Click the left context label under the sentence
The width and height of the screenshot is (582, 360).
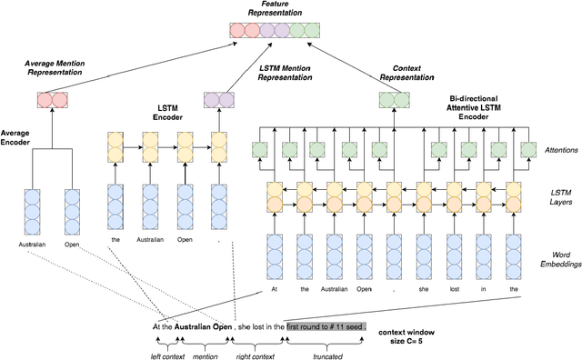coord(167,355)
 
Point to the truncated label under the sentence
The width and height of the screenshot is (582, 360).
coord(325,355)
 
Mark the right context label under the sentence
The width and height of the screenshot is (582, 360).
coord(256,355)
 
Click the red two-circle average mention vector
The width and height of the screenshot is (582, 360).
coord(50,99)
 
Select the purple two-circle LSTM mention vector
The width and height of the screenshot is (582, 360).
coord(217,99)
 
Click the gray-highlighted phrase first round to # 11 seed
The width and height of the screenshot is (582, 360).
coord(326,325)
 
